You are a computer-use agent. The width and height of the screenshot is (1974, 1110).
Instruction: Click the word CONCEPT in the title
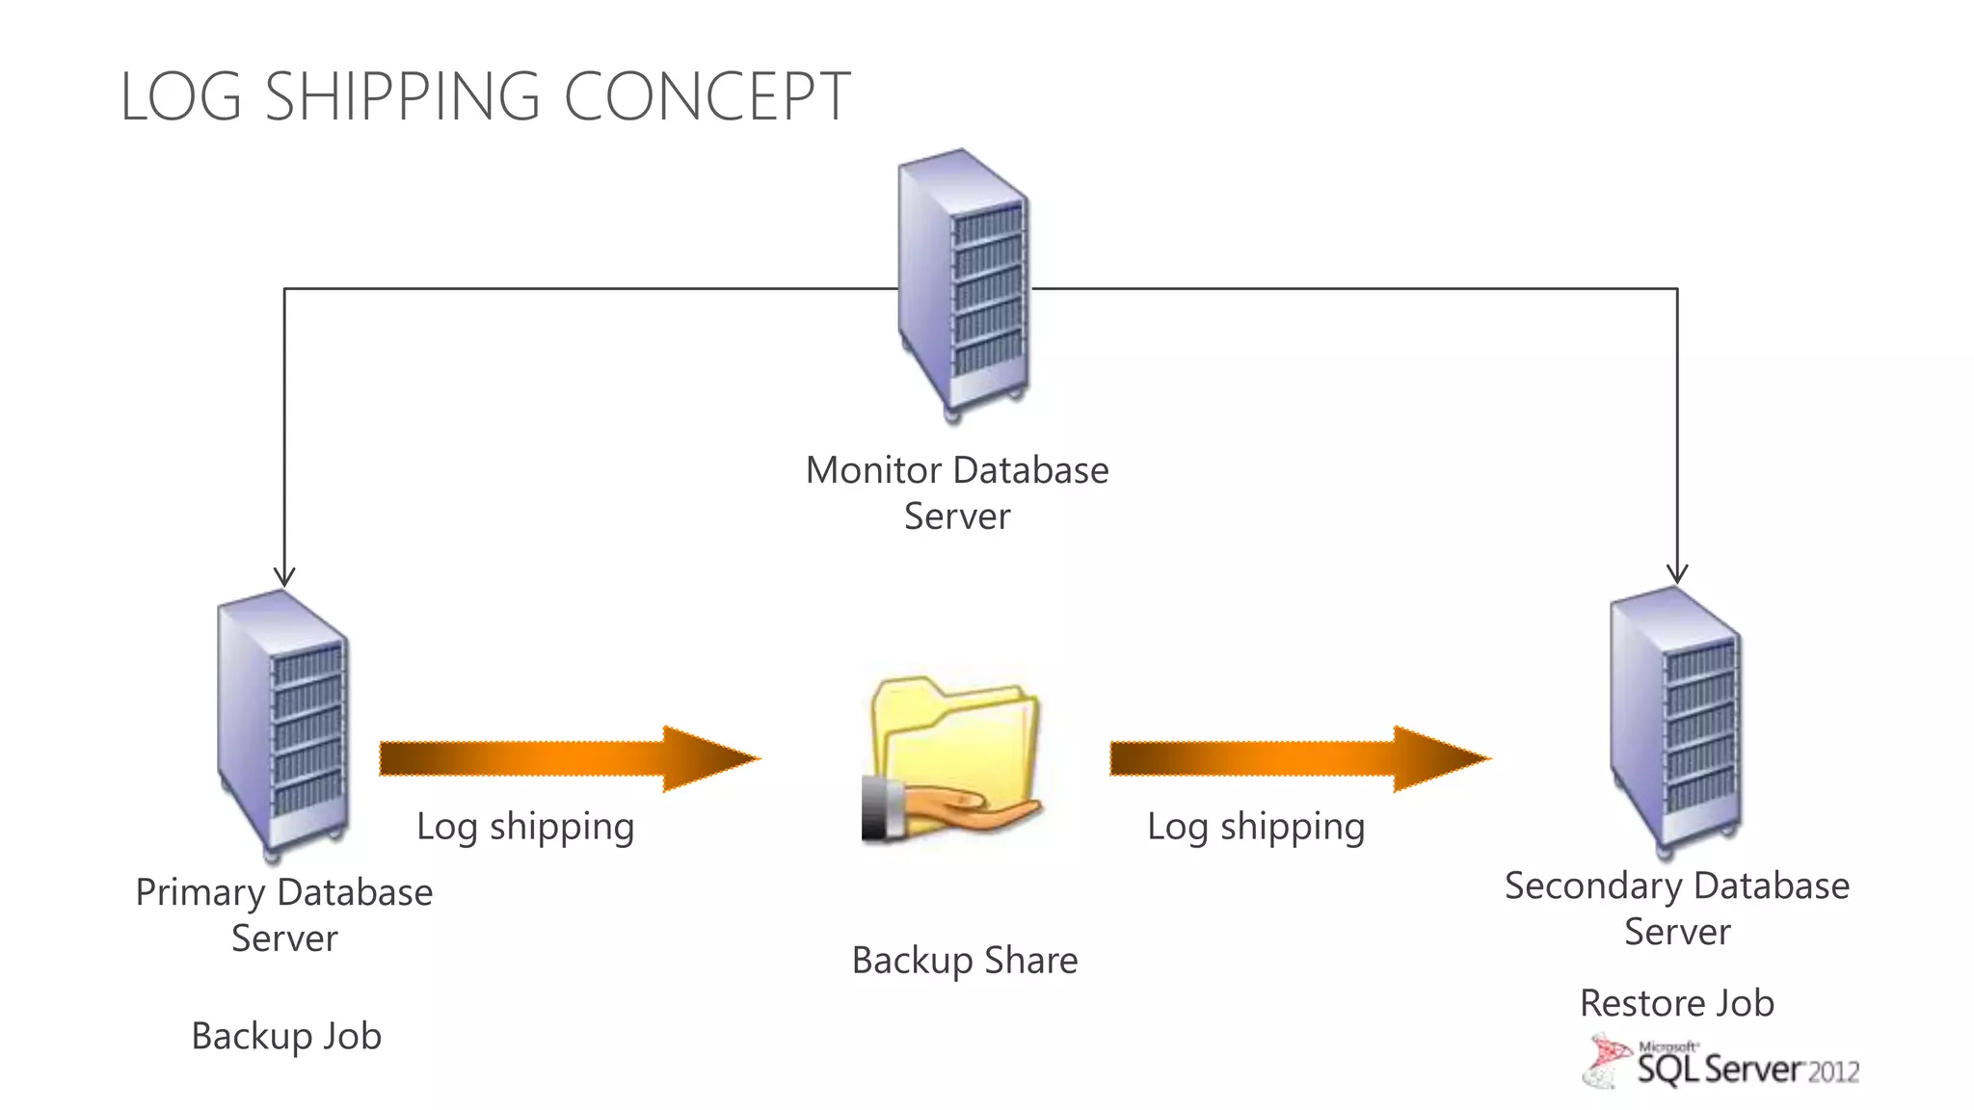(x=707, y=97)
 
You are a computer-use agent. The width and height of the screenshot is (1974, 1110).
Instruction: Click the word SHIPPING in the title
(x=402, y=97)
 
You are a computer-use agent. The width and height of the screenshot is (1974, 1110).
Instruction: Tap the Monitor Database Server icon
(x=962, y=284)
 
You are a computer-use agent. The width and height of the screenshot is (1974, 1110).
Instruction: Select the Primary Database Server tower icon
(x=282, y=725)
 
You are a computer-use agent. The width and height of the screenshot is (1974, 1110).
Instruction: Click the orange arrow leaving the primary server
(x=569, y=759)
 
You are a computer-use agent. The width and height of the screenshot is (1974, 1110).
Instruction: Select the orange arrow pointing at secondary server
(x=1299, y=759)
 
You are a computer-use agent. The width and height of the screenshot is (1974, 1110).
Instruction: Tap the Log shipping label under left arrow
(x=525, y=827)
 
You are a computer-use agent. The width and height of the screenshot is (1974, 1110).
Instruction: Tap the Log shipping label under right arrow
(x=1256, y=827)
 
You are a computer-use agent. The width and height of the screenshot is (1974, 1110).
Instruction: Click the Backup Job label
(x=286, y=1037)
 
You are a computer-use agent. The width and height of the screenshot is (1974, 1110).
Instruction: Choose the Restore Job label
(x=1676, y=1004)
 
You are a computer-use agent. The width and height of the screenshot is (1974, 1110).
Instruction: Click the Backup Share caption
(x=964, y=961)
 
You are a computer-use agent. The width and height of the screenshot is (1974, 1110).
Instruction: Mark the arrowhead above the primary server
(x=284, y=576)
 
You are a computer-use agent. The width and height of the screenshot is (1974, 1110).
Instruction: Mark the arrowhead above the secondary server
(x=1677, y=573)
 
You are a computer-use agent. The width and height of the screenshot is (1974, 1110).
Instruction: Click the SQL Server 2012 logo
(x=1723, y=1063)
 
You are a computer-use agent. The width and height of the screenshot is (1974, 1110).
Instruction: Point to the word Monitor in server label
(x=873, y=471)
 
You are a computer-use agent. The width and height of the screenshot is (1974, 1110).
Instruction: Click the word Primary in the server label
(x=200, y=893)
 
